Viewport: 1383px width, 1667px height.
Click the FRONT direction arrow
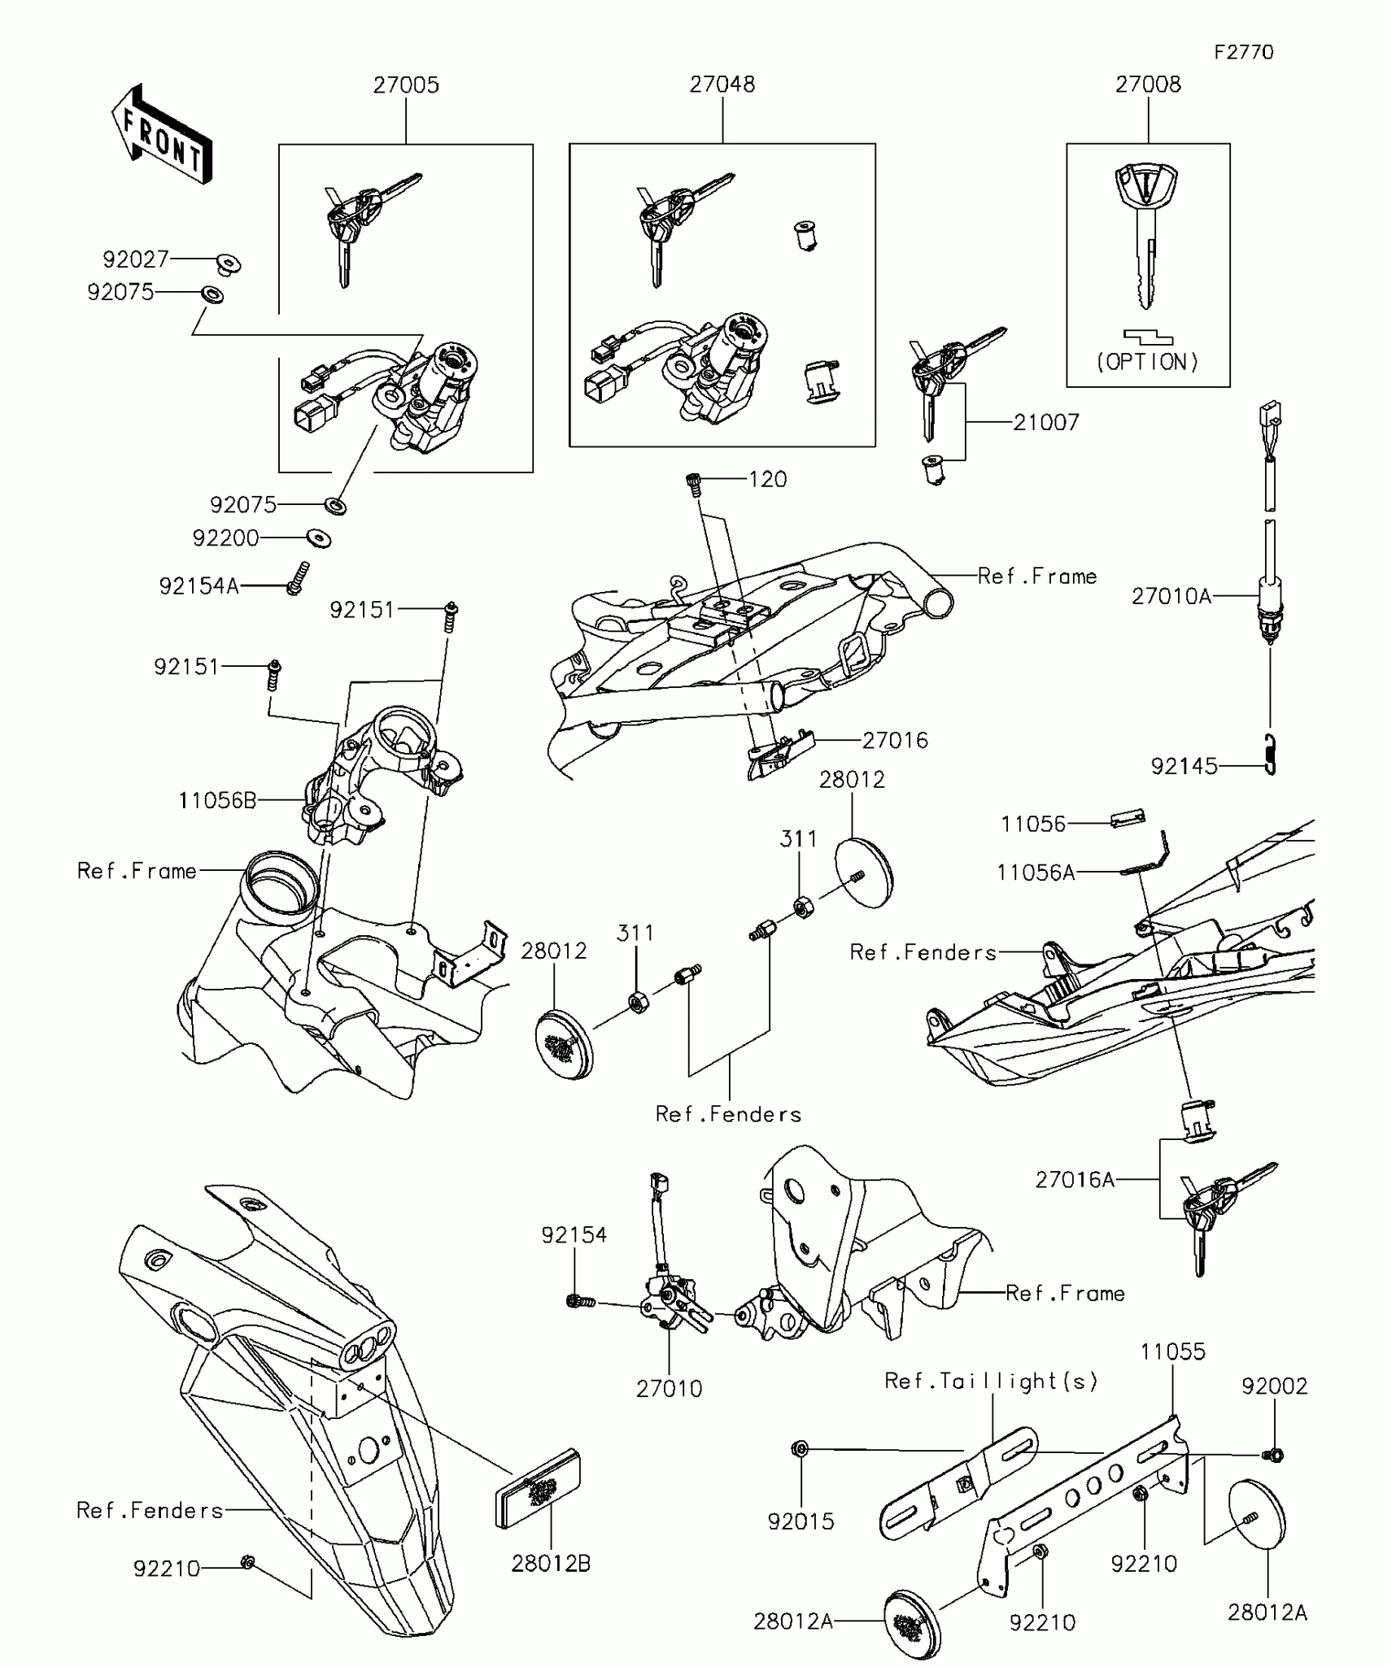tap(161, 135)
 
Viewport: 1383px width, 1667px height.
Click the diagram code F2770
tap(1243, 53)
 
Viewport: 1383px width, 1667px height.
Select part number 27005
tap(406, 85)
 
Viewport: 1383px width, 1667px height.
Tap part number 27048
tap(722, 85)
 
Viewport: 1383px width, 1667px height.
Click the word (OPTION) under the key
tap(1148, 362)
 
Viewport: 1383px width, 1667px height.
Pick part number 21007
tap(1046, 423)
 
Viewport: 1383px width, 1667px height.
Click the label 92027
tap(136, 259)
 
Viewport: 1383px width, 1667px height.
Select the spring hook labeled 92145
tap(1272, 754)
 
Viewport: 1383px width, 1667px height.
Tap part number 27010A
tap(1171, 597)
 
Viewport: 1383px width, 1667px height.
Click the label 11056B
tap(217, 801)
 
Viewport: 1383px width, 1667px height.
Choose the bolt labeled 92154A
tap(298, 577)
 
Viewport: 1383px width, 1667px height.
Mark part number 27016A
tap(1075, 1180)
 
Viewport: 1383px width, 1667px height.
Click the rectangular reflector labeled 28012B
tap(538, 1487)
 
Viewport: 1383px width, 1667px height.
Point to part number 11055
tap(1172, 1352)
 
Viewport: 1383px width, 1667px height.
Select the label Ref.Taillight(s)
tap(991, 1381)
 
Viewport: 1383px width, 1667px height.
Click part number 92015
tap(801, 1521)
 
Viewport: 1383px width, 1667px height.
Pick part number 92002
tap(1274, 1386)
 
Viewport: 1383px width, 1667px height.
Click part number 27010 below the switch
tap(669, 1389)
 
